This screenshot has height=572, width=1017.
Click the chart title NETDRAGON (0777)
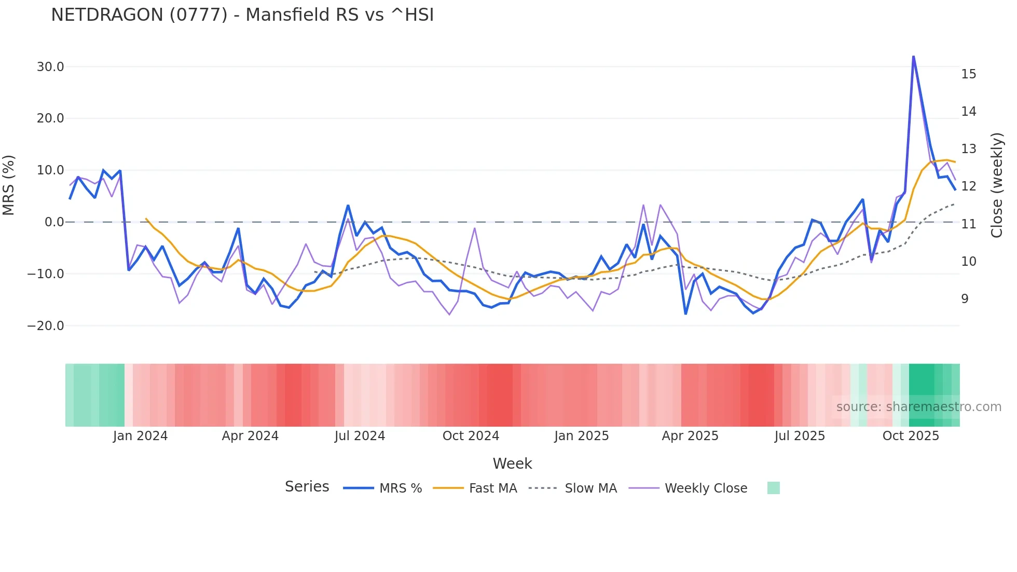[x=242, y=15]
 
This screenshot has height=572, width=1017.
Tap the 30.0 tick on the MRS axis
[x=50, y=67]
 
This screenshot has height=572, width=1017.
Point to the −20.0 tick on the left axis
[x=46, y=326]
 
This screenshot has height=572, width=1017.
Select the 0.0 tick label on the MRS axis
[x=54, y=222]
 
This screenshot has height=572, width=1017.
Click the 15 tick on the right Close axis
[x=968, y=74]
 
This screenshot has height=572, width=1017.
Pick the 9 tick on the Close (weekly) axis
[x=965, y=299]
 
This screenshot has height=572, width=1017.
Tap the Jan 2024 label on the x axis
[x=140, y=436]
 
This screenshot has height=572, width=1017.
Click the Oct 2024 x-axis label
[x=471, y=436]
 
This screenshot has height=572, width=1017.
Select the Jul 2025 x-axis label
[x=800, y=436]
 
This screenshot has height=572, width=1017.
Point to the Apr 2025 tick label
[x=690, y=436]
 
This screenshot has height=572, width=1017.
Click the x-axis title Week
[x=512, y=464]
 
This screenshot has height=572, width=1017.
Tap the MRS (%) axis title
[x=9, y=185]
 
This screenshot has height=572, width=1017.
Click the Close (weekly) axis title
[x=996, y=185]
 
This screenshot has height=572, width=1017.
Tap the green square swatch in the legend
[x=773, y=488]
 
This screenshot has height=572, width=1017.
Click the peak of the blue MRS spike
[x=913, y=57]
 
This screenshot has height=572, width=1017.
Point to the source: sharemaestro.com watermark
[x=918, y=407]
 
